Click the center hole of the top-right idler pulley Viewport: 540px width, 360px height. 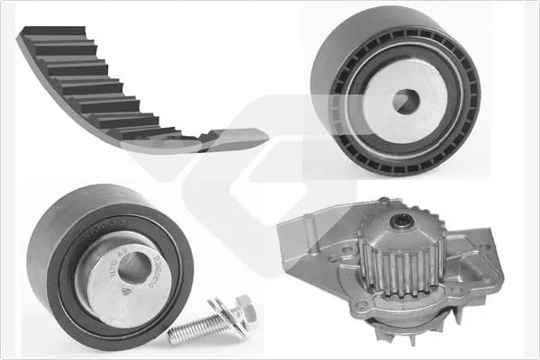click(x=406, y=101)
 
